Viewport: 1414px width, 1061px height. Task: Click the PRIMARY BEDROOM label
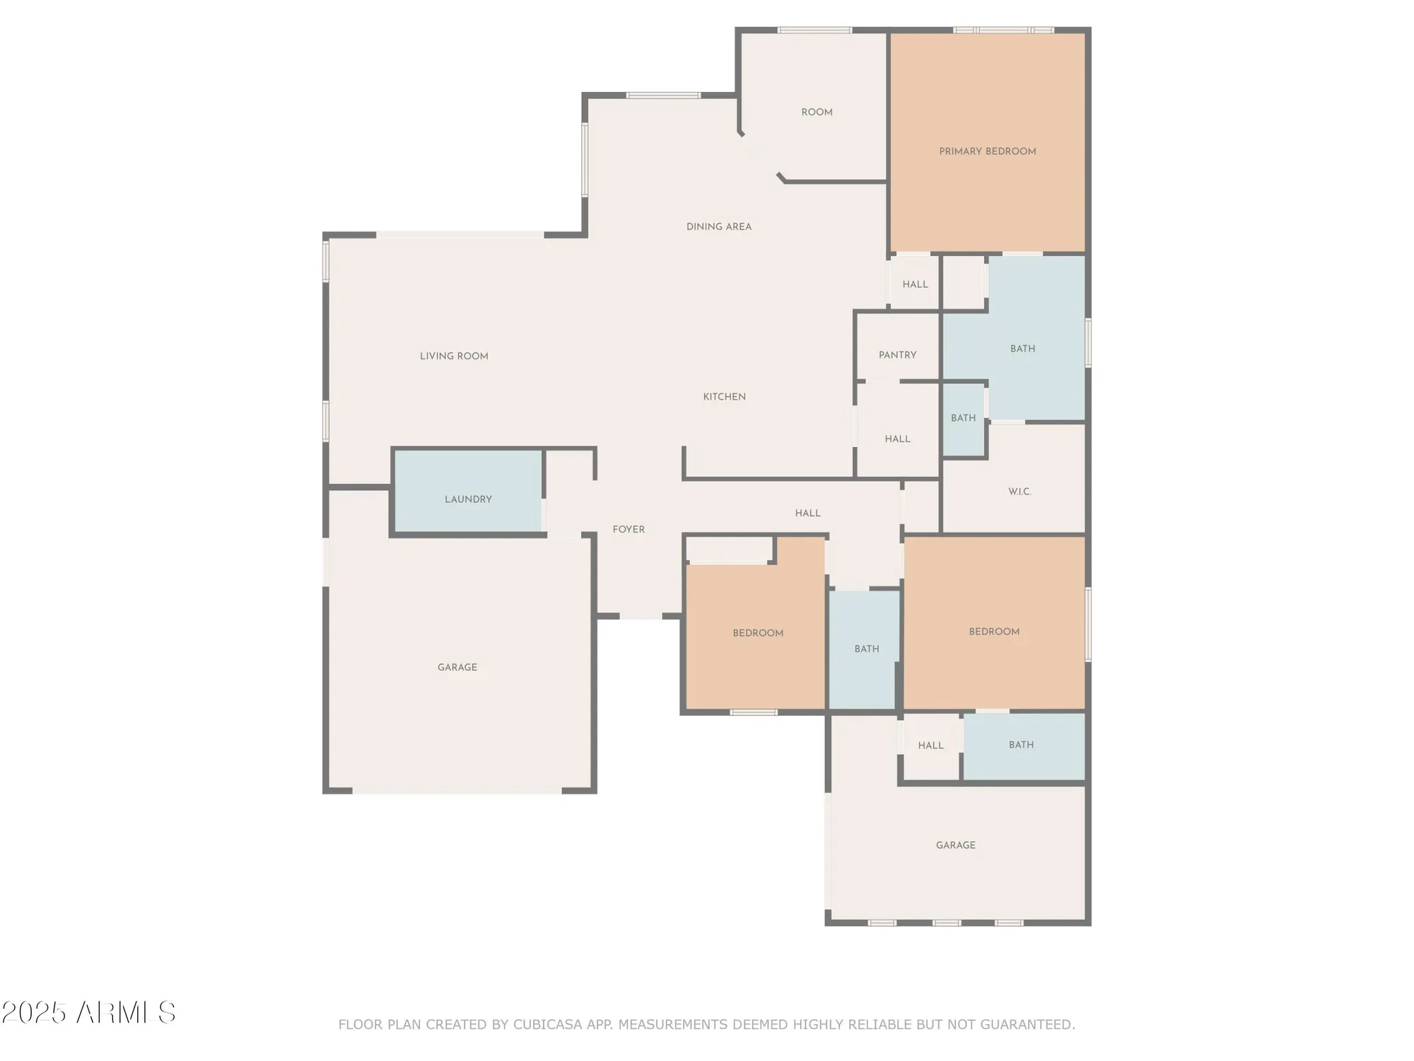987,151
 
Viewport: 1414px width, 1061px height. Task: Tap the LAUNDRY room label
468,499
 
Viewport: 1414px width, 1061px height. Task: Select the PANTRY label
897,355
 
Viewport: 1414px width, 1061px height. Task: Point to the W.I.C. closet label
1019,492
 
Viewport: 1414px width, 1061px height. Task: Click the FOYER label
629,529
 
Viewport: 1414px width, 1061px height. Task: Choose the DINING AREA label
718,227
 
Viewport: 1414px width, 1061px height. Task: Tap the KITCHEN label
724,397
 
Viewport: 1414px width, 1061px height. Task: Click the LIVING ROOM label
454,356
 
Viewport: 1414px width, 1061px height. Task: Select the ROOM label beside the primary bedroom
817,112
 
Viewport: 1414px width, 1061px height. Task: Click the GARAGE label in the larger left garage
457,667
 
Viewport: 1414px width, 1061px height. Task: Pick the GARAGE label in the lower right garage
955,845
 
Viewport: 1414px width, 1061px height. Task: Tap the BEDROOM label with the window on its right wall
994,632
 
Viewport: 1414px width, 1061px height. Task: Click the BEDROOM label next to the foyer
758,633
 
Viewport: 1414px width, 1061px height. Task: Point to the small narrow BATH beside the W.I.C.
963,418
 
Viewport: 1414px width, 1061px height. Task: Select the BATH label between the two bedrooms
866,649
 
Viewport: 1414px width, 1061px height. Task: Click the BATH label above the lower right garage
1021,745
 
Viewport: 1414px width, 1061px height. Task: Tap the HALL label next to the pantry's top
915,284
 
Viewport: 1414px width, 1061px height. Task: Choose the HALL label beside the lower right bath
930,746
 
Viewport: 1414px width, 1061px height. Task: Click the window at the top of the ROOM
814,30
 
